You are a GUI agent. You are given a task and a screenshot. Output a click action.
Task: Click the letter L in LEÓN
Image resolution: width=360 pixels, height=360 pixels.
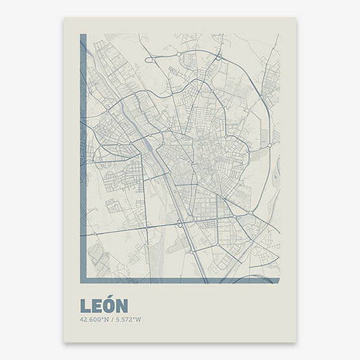coord(84,306)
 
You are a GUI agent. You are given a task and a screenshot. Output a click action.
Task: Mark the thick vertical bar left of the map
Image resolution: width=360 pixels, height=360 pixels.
coord(83,155)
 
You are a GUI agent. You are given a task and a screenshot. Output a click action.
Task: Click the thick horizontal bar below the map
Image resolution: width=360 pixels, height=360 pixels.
coord(180,280)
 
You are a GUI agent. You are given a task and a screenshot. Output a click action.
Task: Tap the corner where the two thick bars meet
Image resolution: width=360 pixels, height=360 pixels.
coord(83,280)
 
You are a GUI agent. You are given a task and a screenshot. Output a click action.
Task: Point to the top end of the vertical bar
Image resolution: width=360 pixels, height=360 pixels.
coord(83,36)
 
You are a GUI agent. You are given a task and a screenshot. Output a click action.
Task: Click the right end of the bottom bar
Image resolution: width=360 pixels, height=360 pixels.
coord(278,280)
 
